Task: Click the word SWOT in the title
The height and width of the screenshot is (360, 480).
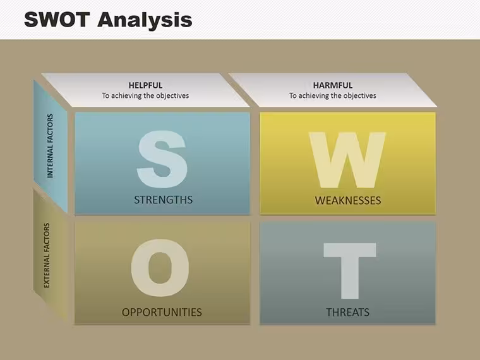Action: [x=57, y=20]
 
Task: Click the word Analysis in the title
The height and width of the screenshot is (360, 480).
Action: [x=145, y=21]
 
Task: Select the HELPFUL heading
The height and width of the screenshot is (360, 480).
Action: [x=145, y=85]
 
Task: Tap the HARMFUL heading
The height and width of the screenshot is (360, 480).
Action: [x=333, y=85]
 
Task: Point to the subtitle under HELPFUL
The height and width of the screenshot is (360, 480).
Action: [x=145, y=95]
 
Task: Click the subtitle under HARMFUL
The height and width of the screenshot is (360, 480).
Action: [x=333, y=95]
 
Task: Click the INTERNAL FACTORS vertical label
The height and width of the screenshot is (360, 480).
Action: [x=50, y=146]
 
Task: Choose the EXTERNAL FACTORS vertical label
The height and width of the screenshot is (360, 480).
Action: [x=47, y=255]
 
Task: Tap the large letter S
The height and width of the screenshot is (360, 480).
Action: [x=162, y=159]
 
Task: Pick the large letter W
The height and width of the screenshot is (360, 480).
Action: [x=347, y=160]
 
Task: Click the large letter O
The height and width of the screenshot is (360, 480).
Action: [x=160, y=268]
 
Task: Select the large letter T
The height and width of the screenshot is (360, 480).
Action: [x=350, y=271]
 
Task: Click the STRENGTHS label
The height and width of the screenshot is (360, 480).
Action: [x=163, y=200]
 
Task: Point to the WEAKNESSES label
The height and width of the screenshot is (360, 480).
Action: [x=348, y=200]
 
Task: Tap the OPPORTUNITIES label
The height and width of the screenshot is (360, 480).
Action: [x=162, y=312]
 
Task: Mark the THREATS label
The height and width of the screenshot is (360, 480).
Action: [x=348, y=312]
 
